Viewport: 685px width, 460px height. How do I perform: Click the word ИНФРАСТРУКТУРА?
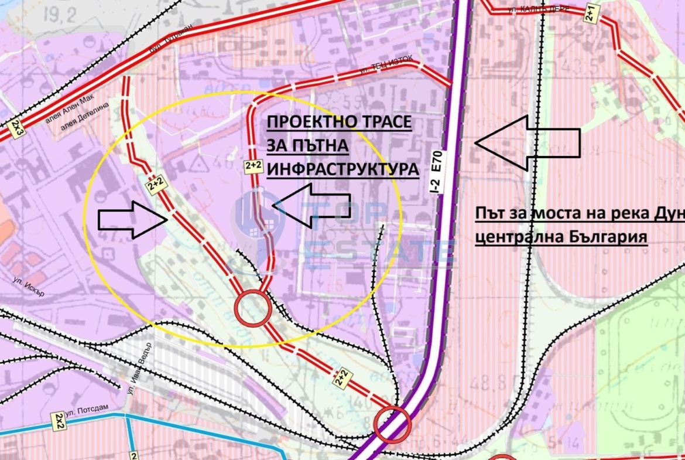pyautogui.click(x=342, y=169)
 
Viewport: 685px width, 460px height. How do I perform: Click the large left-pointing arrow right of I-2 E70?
pyautogui.click(x=527, y=141)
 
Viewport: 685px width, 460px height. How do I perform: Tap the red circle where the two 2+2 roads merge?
pyautogui.click(x=252, y=308)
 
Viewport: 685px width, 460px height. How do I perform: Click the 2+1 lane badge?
pyautogui.click(x=591, y=13)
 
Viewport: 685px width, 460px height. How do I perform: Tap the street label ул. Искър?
pyautogui.click(x=29, y=285)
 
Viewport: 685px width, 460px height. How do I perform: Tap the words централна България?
pyautogui.click(x=561, y=238)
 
